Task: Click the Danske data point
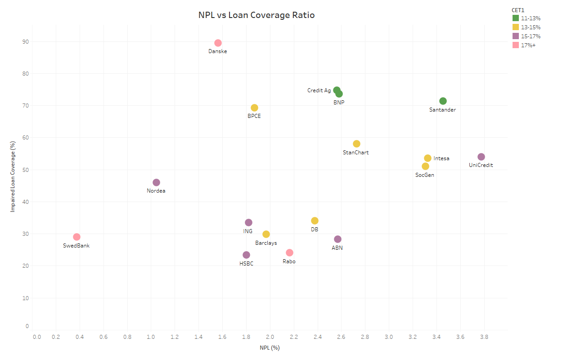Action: click(x=218, y=43)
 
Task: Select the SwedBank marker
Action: click(x=76, y=237)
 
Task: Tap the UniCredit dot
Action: click(x=481, y=157)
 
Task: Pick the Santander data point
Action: click(x=443, y=101)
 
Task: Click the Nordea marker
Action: click(x=156, y=182)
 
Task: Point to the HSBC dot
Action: click(x=246, y=255)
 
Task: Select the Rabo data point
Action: click(x=289, y=252)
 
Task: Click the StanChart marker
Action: click(x=356, y=144)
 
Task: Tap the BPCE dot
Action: click(x=254, y=108)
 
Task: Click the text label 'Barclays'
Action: click(x=266, y=243)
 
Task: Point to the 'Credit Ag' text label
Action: click(x=319, y=90)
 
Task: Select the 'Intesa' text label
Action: click(x=441, y=158)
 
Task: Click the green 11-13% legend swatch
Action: click(x=516, y=18)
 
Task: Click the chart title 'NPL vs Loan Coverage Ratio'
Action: click(x=256, y=15)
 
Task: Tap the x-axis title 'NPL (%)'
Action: click(x=270, y=348)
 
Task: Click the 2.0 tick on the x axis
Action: click(x=270, y=337)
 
